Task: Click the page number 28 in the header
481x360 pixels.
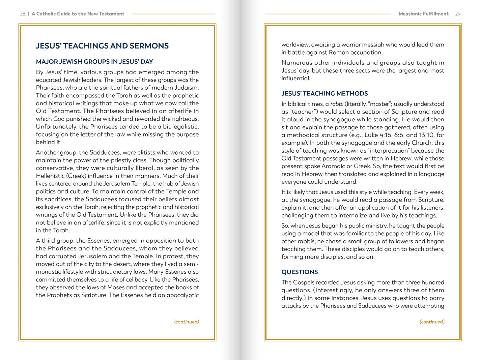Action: point(22,14)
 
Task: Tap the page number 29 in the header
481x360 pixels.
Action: point(458,14)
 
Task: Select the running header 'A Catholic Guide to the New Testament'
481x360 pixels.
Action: point(78,14)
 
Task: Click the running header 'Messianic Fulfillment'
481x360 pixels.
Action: point(423,14)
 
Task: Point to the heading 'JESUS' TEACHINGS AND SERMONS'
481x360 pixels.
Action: point(102,46)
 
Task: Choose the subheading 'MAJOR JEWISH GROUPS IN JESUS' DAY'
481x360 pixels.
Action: point(94,62)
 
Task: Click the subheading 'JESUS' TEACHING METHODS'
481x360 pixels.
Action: point(324,93)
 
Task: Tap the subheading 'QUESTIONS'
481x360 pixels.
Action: point(300,272)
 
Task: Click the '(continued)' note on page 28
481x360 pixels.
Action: point(187,322)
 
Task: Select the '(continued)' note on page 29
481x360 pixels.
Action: point(432,322)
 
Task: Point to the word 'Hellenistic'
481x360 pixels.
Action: point(50,176)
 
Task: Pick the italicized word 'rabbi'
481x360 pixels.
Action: point(336,104)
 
